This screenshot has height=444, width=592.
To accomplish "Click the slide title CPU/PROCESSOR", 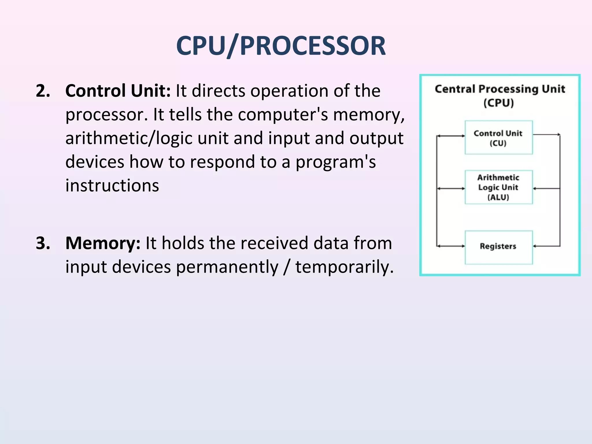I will (x=281, y=46).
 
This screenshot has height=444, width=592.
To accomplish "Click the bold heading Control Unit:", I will (x=118, y=91).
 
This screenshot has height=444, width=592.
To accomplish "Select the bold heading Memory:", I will (x=103, y=243).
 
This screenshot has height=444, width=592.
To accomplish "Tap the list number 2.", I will (x=43, y=91).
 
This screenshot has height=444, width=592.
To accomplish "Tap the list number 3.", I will (x=43, y=243).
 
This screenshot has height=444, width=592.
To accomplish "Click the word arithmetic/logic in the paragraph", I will (x=129, y=138).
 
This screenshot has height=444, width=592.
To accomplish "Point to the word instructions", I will (x=112, y=186).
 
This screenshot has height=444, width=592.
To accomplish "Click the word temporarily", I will (x=344, y=267).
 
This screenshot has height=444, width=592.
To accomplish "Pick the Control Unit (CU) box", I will (x=499, y=138).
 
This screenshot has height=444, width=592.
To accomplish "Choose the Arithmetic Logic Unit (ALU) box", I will (x=499, y=187).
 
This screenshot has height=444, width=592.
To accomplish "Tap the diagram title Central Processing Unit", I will (x=500, y=89).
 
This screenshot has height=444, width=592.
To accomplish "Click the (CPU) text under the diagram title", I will (x=499, y=103).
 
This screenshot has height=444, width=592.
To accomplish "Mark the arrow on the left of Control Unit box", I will (x=451, y=136).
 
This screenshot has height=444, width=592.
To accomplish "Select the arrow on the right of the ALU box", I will (x=546, y=188).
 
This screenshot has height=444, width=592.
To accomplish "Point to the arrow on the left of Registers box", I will (x=451, y=246).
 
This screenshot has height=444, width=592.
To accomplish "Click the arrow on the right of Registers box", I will (x=546, y=246).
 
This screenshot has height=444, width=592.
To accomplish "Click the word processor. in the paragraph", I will (x=107, y=115).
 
